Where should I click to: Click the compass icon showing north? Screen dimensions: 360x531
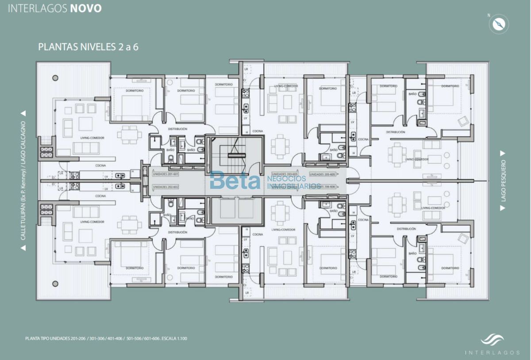point(498,24)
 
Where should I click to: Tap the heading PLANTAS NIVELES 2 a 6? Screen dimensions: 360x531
point(88,47)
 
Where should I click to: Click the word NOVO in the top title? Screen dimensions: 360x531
point(86,8)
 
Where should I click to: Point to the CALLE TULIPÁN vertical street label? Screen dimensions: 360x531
point(23,180)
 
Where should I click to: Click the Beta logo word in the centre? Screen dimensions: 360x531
point(235,181)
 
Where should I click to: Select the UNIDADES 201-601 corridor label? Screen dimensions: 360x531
point(165,174)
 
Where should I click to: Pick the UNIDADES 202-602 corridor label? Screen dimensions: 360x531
point(165,187)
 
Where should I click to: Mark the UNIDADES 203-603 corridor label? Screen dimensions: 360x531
point(285,174)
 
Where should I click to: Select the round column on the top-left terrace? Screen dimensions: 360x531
point(55,78)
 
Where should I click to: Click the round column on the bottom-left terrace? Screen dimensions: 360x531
point(55,283)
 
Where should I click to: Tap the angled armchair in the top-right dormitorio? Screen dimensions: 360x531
point(464,121)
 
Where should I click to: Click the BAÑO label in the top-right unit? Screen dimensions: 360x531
point(412,94)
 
